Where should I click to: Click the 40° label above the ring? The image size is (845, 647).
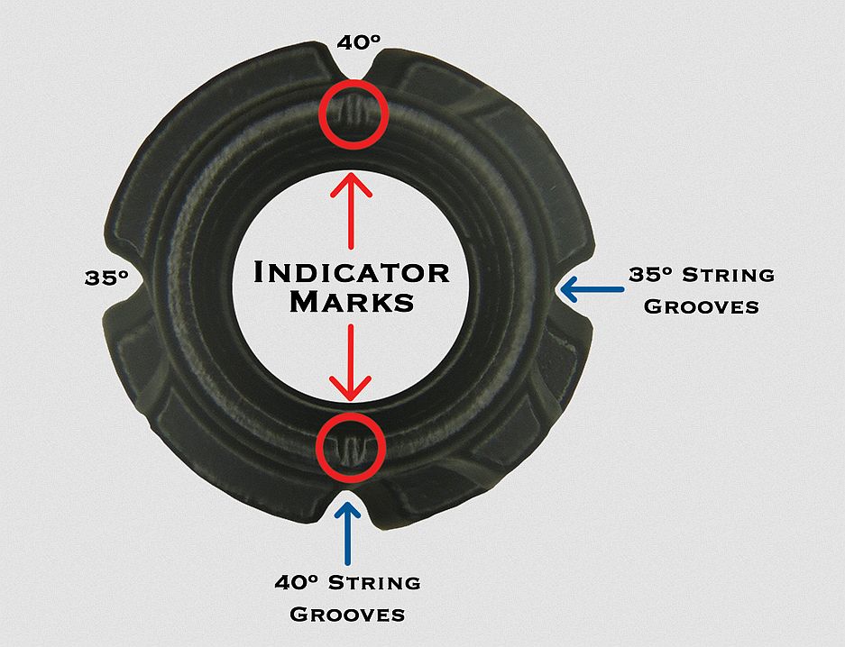(356, 42)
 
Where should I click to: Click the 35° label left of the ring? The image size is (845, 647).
(107, 278)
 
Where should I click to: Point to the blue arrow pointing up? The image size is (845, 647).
(347, 532)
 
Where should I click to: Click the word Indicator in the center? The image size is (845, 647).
(352, 272)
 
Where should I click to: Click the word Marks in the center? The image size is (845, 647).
(352, 301)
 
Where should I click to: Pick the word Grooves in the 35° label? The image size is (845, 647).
(703, 305)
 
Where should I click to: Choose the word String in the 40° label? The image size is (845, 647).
(373, 582)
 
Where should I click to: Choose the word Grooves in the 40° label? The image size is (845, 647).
(346, 615)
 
